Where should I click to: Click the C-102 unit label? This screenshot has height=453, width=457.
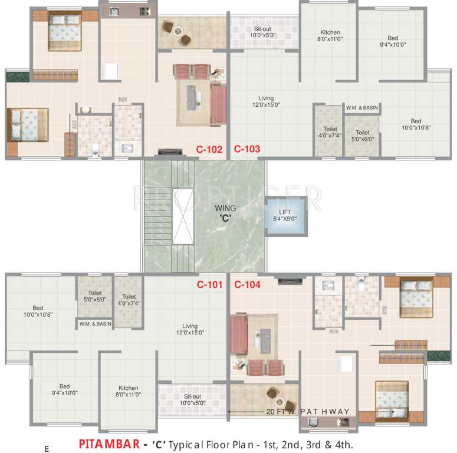[209, 149]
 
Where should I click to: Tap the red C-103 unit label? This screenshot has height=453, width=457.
[247, 149]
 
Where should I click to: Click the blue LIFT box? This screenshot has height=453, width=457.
[285, 215]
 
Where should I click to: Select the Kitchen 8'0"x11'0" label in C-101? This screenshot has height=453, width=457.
[128, 392]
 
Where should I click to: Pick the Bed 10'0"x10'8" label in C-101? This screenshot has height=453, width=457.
[38, 311]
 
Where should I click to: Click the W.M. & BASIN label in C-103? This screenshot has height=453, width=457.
[362, 108]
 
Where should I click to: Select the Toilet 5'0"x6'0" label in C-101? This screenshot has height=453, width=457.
[95, 296]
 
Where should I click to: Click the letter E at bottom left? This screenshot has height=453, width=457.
[46, 449]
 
